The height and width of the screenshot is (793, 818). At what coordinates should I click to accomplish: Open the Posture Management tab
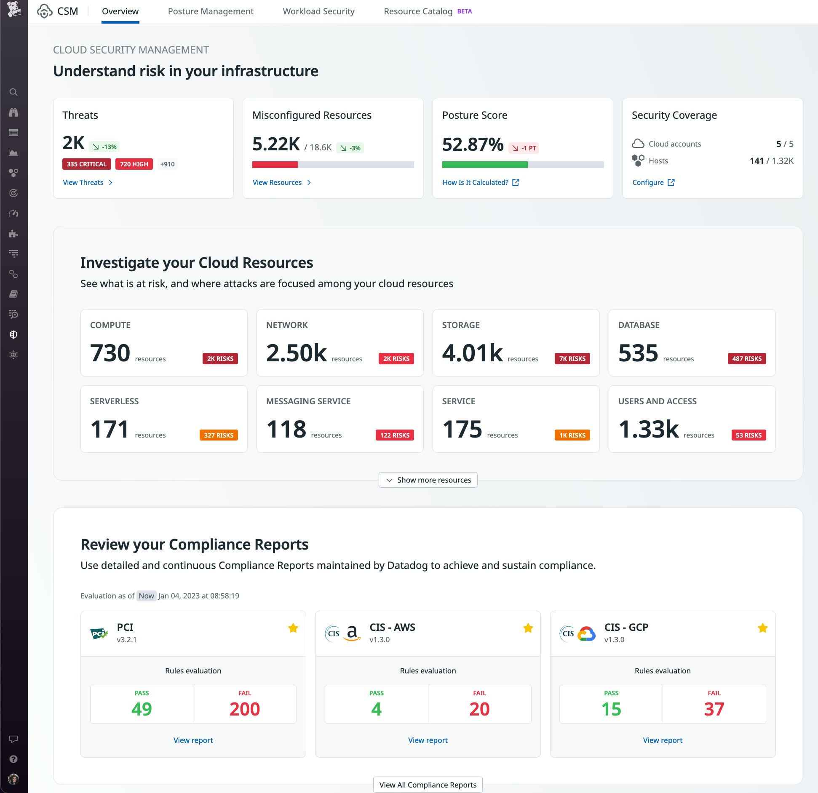pos(211,11)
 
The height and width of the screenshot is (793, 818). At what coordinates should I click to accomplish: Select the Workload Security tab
pos(318,11)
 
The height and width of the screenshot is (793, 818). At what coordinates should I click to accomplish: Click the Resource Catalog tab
pos(418,11)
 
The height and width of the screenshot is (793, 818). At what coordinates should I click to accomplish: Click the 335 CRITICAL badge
pos(86,164)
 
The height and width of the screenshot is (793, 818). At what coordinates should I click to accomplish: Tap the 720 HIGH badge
pos(134,164)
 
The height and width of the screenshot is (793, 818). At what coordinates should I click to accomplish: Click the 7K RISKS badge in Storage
pos(572,358)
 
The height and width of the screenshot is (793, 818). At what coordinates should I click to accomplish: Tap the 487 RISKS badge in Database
pos(746,358)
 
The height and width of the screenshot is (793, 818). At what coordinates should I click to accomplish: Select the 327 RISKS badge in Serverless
pos(218,435)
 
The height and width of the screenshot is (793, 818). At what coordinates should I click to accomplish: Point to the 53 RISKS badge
pos(748,435)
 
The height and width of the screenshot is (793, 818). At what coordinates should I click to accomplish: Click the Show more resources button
pos(428,480)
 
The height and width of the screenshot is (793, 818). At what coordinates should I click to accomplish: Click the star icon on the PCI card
pos(293,628)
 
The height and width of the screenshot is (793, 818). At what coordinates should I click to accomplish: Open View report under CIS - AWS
pos(428,740)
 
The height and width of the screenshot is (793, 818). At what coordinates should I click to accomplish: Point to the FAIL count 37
pos(714,709)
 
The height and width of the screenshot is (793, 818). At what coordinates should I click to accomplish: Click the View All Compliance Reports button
pos(428,785)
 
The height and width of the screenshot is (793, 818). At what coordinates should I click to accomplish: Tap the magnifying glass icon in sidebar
pos(13,92)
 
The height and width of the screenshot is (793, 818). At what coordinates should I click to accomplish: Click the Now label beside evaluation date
pos(146,595)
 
